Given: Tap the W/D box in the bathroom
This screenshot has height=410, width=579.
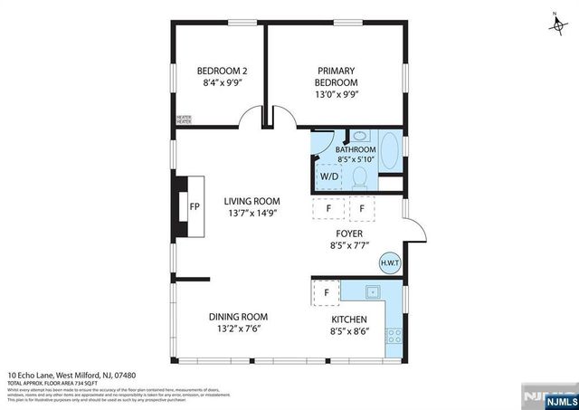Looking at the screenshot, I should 327,176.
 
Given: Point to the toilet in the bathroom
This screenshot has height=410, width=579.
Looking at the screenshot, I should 359,178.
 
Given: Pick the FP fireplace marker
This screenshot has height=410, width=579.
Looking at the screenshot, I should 194,206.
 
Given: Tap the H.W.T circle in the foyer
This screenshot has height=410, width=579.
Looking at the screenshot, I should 390,263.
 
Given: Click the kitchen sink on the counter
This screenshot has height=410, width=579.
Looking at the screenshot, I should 372,291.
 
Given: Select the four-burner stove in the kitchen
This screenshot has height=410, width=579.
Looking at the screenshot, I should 394,341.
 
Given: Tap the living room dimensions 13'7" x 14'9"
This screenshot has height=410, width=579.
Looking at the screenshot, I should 253,214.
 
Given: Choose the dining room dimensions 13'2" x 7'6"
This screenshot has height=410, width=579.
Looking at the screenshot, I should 238,329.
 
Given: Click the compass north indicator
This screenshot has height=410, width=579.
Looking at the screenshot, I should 555,22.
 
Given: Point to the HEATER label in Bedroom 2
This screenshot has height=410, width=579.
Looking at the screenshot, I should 184,119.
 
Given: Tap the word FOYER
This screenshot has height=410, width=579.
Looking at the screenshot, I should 349,233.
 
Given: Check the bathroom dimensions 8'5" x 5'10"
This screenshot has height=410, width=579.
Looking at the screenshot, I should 356,159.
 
